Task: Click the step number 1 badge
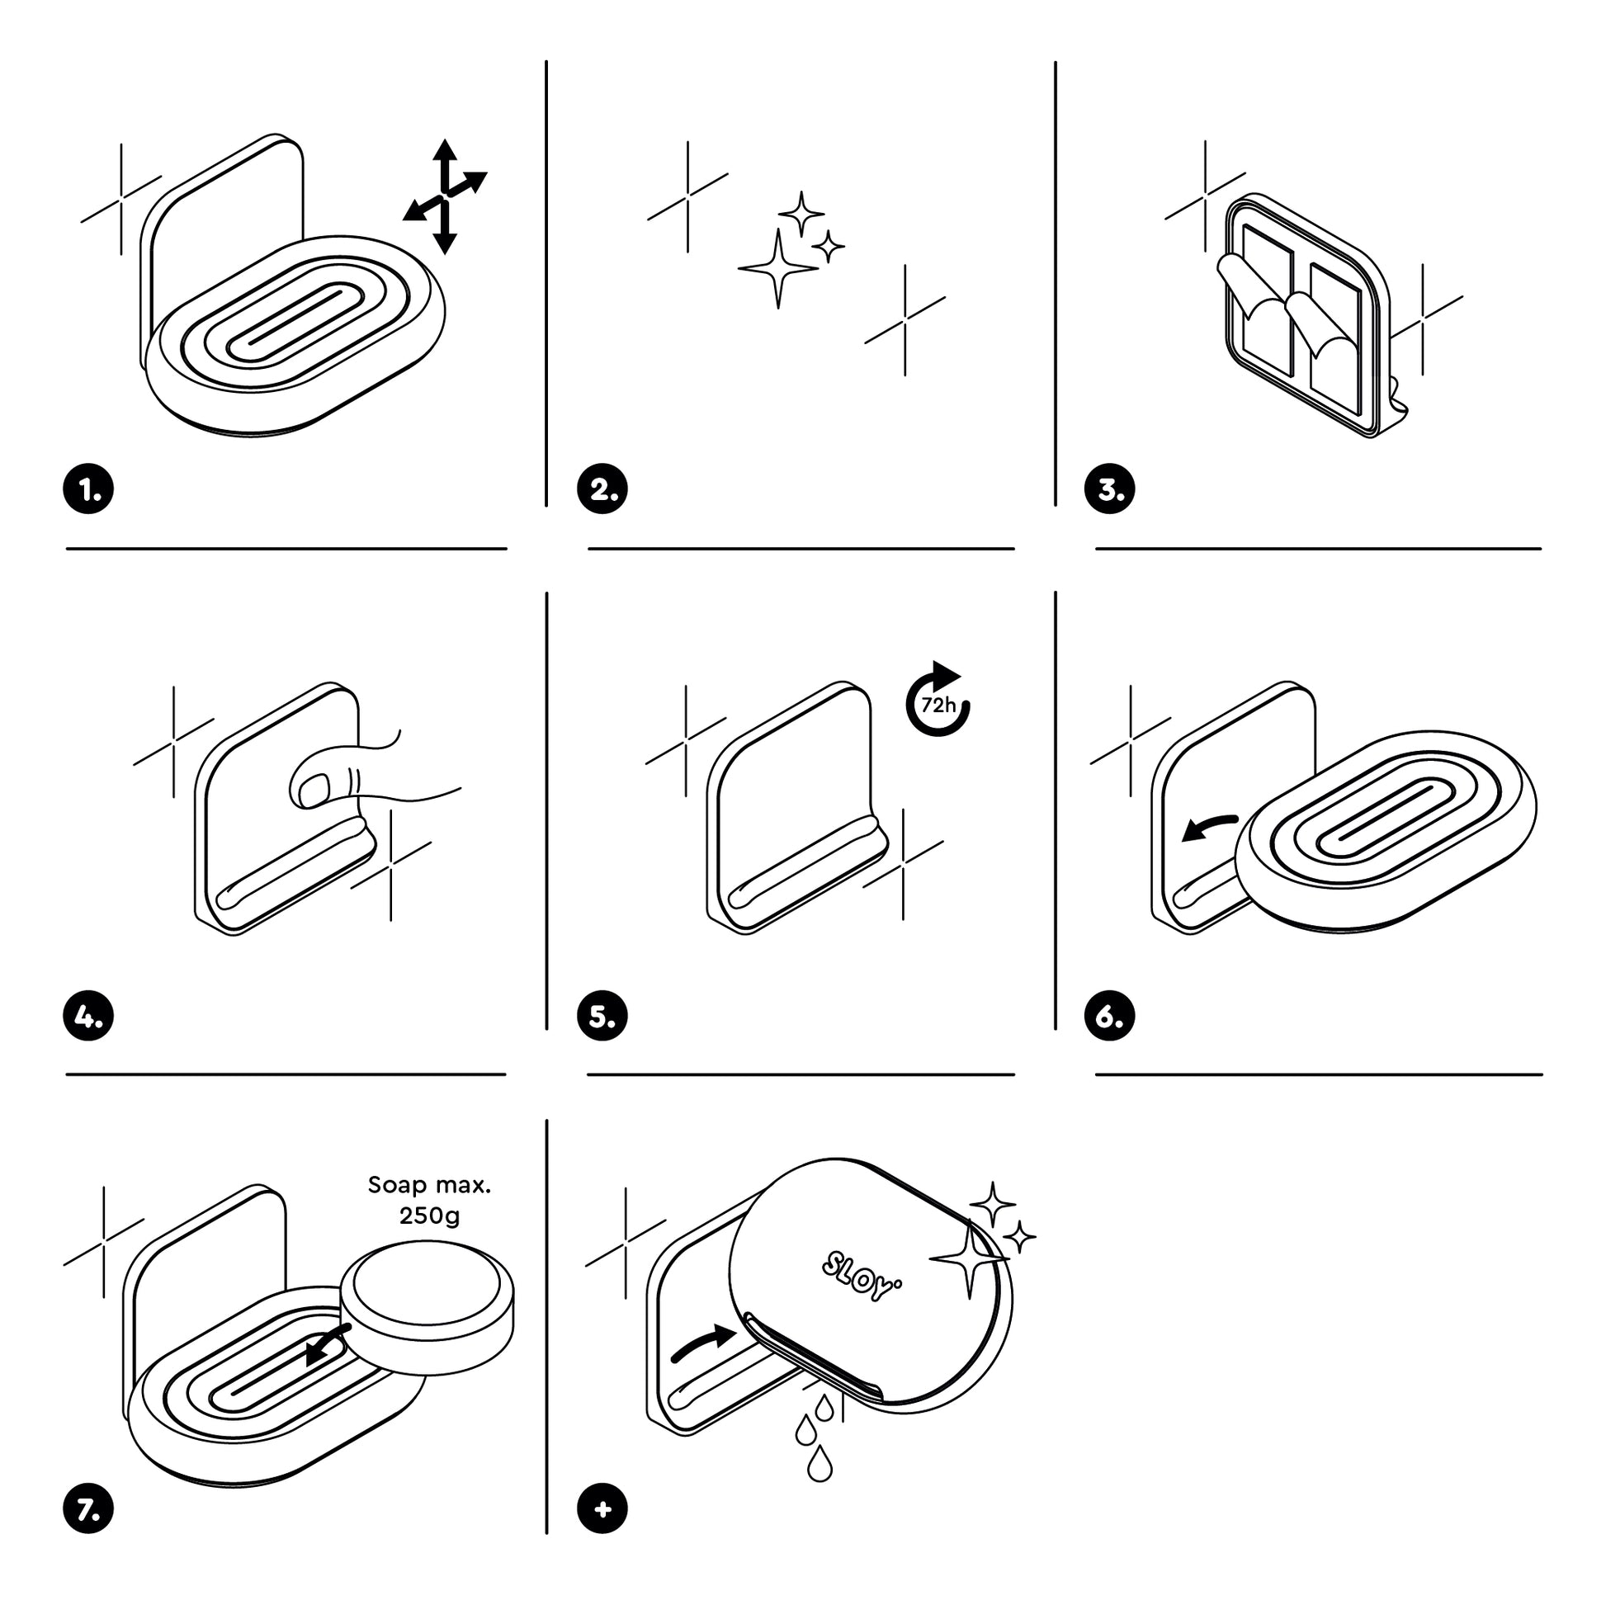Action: click(x=88, y=489)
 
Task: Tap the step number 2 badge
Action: click(x=602, y=489)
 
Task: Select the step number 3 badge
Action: click(x=1110, y=489)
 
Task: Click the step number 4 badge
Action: click(x=88, y=1016)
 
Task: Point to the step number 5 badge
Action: click(x=602, y=1016)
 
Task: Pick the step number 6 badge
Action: click(x=1110, y=1016)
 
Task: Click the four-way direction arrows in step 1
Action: click(x=446, y=197)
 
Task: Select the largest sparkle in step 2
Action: click(x=778, y=268)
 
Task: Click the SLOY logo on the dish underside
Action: click(x=862, y=1276)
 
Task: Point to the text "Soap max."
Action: click(x=429, y=1184)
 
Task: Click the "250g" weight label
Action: click(x=429, y=1216)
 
